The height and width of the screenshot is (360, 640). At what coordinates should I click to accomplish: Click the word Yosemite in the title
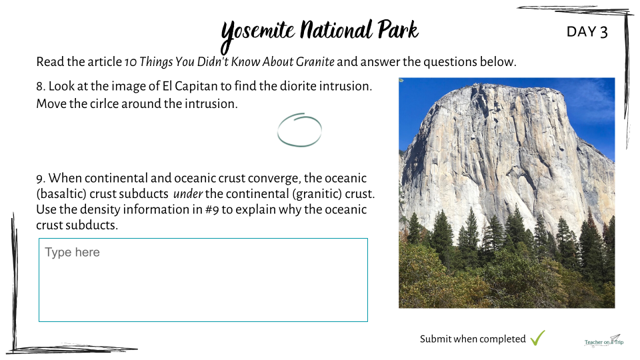point(258,33)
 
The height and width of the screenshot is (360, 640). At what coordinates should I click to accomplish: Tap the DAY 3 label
point(587,32)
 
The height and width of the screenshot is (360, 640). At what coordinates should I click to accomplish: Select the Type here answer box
point(203,280)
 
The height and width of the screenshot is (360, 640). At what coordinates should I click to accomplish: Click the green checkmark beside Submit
point(537,338)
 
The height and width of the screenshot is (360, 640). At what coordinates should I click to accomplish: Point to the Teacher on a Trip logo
point(604,341)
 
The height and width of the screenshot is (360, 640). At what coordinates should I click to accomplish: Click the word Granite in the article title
point(315,61)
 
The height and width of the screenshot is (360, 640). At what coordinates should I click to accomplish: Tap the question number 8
point(41,87)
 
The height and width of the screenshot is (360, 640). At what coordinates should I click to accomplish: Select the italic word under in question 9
point(188,194)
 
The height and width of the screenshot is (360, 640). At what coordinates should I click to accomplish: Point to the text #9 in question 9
point(212,209)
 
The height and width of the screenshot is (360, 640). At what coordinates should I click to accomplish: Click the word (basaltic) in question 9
point(61,194)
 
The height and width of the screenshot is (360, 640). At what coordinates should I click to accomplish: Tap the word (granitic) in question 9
point(317,194)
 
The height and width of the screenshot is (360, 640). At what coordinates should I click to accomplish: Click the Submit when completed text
point(473,339)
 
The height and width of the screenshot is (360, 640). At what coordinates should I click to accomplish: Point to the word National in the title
point(336,30)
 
